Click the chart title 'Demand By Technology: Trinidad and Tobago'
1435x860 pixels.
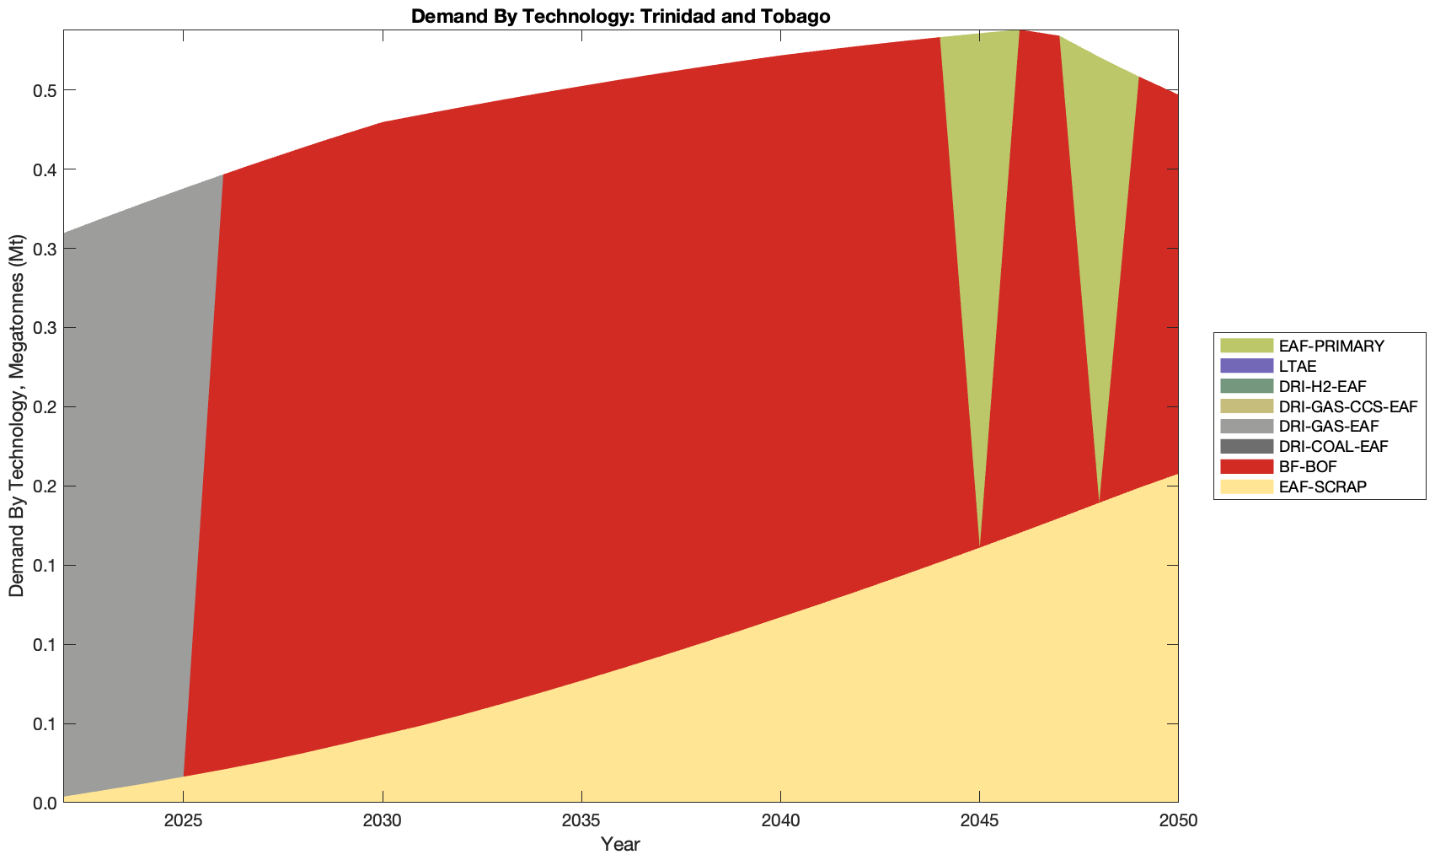click(621, 16)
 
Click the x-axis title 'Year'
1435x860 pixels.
click(620, 844)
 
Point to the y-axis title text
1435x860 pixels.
click(17, 417)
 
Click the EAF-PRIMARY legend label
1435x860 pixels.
click(1331, 346)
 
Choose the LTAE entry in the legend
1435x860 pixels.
click(1297, 366)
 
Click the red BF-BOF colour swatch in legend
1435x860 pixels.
click(1246, 466)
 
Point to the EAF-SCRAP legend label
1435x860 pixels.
click(1322, 486)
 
